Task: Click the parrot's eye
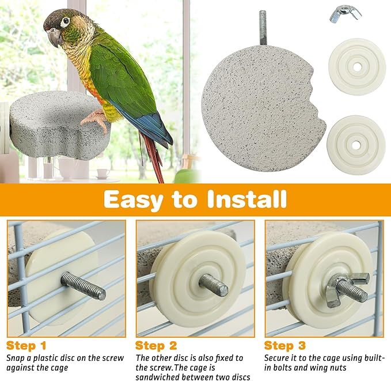click(x=64, y=22)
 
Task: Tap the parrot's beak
click(x=54, y=37)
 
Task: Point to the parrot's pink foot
click(x=96, y=119)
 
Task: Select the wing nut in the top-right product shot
click(x=345, y=13)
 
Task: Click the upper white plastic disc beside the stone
click(x=357, y=66)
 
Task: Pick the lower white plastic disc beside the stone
click(x=355, y=144)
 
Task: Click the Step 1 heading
click(x=26, y=346)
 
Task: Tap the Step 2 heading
click(x=155, y=346)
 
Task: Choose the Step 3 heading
click(x=284, y=346)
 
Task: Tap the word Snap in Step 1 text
click(x=17, y=357)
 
